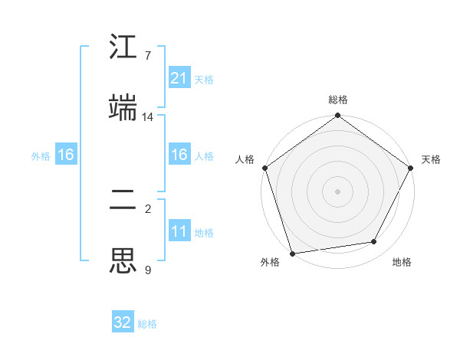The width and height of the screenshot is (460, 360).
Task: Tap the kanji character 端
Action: (123, 108)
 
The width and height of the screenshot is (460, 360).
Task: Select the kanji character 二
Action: (123, 201)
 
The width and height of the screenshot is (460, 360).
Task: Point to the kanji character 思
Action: (123, 260)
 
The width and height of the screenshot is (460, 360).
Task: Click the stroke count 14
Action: (148, 117)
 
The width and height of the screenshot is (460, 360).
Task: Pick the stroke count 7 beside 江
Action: (148, 56)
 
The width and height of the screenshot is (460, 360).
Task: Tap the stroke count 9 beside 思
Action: (148, 270)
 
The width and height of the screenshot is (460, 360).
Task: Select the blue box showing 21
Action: (179, 78)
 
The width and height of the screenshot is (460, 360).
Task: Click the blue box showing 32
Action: (123, 322)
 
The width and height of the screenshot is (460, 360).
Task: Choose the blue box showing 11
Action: (179, 231)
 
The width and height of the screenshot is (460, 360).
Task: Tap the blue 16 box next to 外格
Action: (66, 155)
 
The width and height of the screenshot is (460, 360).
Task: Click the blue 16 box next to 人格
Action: (179, 155)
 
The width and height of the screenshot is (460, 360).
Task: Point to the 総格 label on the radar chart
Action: (338, 100)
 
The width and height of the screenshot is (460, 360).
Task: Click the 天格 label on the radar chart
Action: (431, 159)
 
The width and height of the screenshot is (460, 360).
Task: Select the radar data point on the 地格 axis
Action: (374, 241)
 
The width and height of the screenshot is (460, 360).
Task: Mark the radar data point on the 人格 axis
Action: (264, 167)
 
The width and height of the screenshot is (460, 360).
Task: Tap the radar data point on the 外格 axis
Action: (292, 252)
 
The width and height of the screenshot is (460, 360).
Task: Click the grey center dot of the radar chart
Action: (337, 191)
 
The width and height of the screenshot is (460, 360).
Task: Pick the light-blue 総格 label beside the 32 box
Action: (147, 324)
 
